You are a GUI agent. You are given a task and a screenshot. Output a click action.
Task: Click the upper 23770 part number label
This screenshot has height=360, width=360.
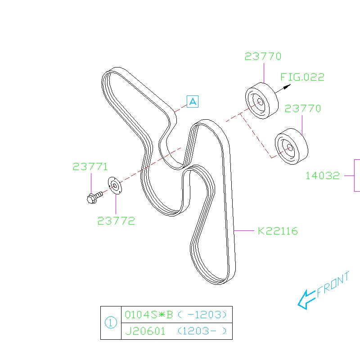pyautogui.click(x=263, y=57)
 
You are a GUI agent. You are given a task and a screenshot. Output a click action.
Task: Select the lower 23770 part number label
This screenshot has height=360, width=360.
pyautogui.click(x=302, y=108)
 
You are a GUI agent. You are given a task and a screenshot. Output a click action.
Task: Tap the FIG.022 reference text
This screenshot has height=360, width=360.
pyautogui.click(x=302, y=77)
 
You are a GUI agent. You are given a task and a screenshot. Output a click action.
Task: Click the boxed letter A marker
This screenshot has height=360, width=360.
pyautogui.click(x=193, y=102)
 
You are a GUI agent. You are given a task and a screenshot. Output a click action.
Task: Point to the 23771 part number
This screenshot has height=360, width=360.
pyautogui.click(x=90, y=166)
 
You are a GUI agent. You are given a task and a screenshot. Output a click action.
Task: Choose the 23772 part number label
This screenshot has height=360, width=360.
pyautogui.click(x=116, y=221)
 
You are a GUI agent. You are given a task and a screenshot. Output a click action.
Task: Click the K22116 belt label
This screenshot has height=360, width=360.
pyautogui.click(x=278, y=231)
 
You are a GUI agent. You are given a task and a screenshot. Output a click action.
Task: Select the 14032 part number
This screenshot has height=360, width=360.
pyautogui.click(x=323, y=176)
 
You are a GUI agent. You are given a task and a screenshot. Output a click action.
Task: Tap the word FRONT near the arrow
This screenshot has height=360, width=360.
pyautogui.click(x=333, y=284)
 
